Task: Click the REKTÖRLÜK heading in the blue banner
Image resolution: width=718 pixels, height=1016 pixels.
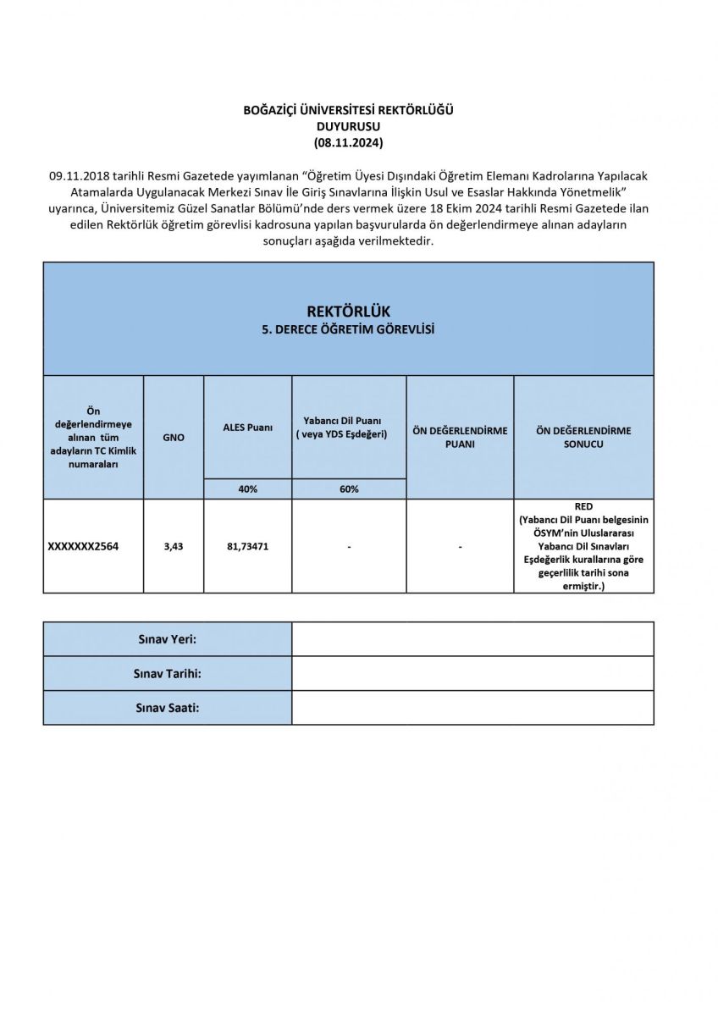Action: click(348, 312)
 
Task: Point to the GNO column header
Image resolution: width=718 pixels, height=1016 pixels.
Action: click(174, 437)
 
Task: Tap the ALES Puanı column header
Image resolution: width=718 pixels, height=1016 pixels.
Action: click(247, 428)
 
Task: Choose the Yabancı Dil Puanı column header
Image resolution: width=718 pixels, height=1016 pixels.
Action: click(349, 427)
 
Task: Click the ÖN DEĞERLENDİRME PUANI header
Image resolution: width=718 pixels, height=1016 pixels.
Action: click(460, 437)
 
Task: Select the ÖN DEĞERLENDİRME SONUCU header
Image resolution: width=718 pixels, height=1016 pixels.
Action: click(583, 437)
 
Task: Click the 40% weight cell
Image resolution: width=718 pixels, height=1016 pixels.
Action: click(247, 489)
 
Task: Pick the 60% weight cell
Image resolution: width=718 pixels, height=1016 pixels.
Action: click(349, 489)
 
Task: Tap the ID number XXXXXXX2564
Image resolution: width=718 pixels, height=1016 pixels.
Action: click(83, 546)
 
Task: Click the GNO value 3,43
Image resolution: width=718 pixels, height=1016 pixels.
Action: click(174, 546)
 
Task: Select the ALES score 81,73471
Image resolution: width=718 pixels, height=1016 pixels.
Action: click(247, 546)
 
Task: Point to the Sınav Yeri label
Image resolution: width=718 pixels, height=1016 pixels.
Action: click(168, 639)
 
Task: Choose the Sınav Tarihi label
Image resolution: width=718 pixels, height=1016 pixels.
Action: click(168, 674)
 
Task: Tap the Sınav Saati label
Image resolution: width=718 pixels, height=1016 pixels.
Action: click(168, 708)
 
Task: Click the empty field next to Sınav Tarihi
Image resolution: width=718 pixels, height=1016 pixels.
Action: click(472, 674)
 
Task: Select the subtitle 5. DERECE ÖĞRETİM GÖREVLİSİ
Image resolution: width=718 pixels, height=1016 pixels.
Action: click(348, 330)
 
